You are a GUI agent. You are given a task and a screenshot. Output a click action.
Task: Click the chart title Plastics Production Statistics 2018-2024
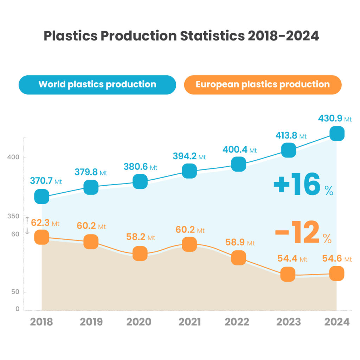pos(181,36)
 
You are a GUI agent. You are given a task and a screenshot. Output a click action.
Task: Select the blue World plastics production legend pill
pos(97,85)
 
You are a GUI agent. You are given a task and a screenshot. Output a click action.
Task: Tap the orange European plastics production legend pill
pos(263,85)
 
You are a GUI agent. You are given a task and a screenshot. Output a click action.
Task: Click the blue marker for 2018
pos(41,196)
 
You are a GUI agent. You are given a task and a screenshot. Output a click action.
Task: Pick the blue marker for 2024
pos(336,134)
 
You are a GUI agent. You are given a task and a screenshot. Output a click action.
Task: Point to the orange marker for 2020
pos(140,253)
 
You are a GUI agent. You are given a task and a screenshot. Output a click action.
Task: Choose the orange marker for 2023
pos(288,274)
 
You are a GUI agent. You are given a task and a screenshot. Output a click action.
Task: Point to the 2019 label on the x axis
pos(91,322)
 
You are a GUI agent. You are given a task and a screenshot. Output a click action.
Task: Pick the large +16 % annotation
pos(303,186)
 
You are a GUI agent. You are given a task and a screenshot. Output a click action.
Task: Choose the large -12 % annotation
pos(303,233)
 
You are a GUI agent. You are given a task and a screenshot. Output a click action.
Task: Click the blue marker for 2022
pos(238,164)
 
